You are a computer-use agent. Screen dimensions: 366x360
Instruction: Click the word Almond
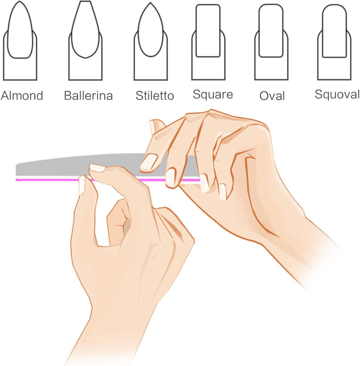click(x=22, y=95)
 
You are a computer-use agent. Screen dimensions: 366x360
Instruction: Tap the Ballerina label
click(x=88, y=96)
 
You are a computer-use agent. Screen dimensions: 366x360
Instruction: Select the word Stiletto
click(x=155, y=96)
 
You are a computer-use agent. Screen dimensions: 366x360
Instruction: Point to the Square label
click(x=213, y=94)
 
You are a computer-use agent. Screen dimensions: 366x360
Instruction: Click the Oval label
click(x=272, y=96)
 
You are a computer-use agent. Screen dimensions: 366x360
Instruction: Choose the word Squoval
click(x=337, y=94)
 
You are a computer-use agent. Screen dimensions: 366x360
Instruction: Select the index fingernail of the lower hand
click(x=97, y=168)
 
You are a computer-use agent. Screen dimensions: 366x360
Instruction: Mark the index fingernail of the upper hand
click(x=149, y=161)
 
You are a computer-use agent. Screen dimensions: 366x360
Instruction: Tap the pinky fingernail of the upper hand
click(x=223, y=192)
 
